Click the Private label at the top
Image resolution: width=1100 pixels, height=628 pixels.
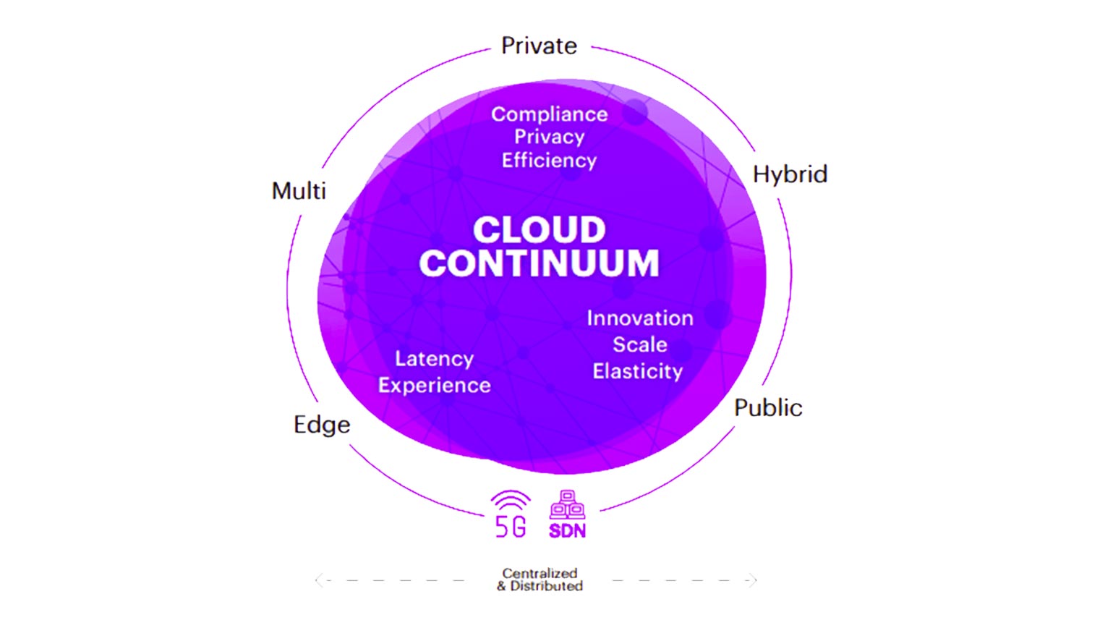pos(539,46)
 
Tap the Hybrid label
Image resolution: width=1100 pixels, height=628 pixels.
pos(790,174)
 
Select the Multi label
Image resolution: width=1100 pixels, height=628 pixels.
pos(299,191)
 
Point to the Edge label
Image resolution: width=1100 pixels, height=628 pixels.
pos(322,425)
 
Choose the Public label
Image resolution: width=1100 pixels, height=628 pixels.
pos(768,407)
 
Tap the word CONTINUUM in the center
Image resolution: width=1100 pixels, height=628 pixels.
pos(539,263)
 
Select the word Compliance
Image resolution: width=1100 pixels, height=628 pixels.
pos(550,114)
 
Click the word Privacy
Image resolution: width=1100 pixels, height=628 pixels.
pos(549,137)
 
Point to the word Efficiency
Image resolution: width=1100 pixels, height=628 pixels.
pos(549,161)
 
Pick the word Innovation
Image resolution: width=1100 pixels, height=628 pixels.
pos(640,318)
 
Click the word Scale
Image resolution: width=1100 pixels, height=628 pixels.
pos(640,344)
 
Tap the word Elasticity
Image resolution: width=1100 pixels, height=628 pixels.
pos(637,371)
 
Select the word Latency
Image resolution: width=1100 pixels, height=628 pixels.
pos(434,359)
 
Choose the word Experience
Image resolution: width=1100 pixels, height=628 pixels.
pos(434,386)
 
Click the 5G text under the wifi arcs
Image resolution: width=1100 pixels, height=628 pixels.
pos(511,527)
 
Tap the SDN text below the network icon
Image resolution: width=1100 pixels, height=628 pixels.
pos(567,531)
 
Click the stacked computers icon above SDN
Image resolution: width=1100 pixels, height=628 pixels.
pos(567,505)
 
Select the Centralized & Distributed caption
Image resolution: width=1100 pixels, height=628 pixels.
pos(540,580)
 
